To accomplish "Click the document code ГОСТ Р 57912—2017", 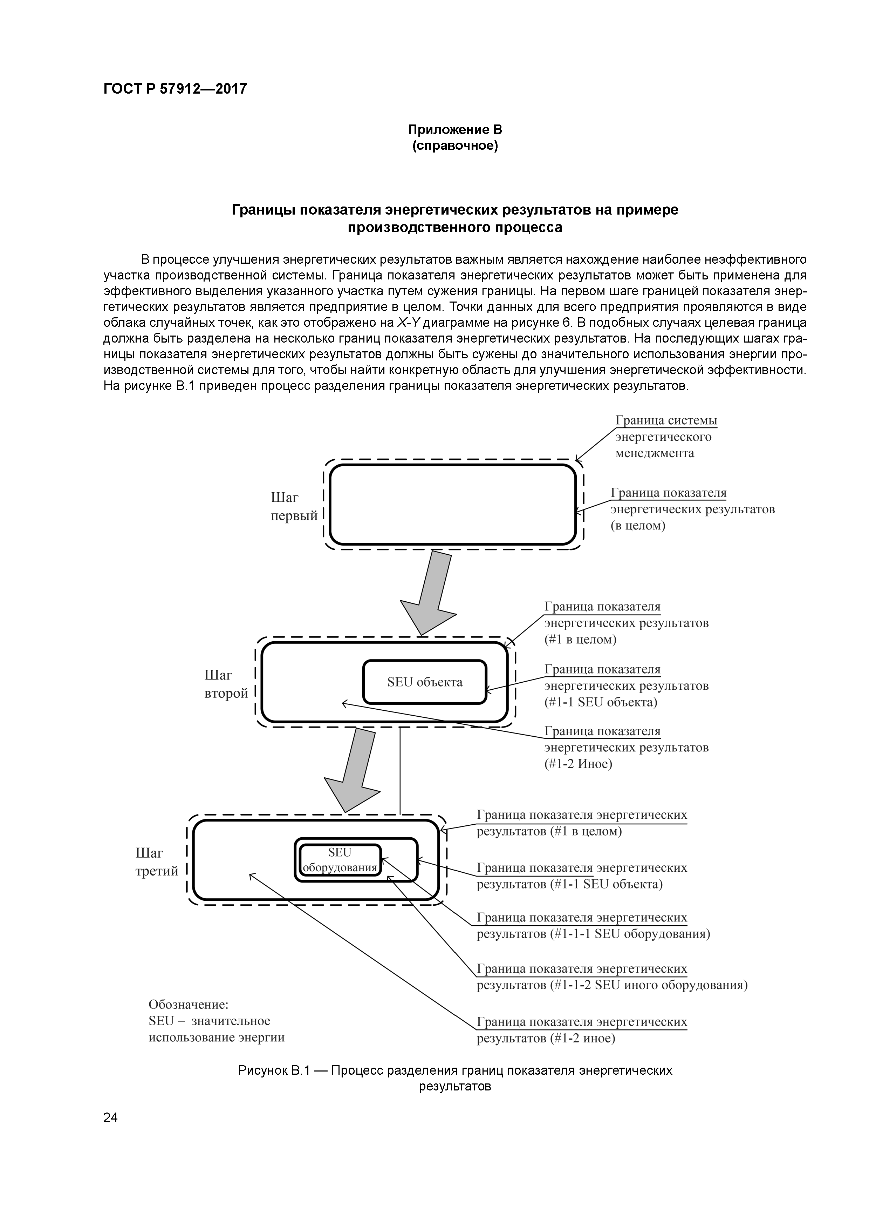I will pyautogui.click(x=175, y=89).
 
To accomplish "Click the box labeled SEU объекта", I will pyautogui.click(x=425, y=682).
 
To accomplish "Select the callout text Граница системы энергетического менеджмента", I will pyautogui.click(x=665, y=437).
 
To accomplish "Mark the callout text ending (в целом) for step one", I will pyautogui.click(x=692, y=509).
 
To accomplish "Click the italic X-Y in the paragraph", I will pyautogui.click(x=408, y=323).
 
